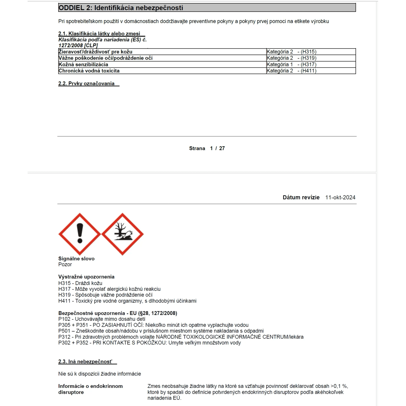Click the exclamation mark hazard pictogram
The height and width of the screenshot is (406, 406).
pos(80,234)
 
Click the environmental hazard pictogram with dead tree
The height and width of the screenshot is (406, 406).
pos(122,234)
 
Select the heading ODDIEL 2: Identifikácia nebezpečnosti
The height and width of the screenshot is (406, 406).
pos(121,8)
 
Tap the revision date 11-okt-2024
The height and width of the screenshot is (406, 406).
pos(340,198)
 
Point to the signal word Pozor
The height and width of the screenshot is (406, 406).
pos(65,264)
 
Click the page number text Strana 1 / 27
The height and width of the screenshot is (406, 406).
pos(207,148)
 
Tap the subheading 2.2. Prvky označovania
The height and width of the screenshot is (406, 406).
pos(86,84)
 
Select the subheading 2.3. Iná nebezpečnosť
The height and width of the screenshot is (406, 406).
pos(85,362)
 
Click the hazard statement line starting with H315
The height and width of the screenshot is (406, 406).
pos(80,283)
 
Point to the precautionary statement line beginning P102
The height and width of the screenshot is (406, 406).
pos(102,319)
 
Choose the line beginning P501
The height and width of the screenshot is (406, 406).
pos(161,331)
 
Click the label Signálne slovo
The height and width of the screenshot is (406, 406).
pos(76,258)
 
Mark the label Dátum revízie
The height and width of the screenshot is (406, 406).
pos(301,198)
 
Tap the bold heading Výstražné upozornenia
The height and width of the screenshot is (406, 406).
pos(86,277)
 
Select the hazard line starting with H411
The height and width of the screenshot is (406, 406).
pos(127,301)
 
